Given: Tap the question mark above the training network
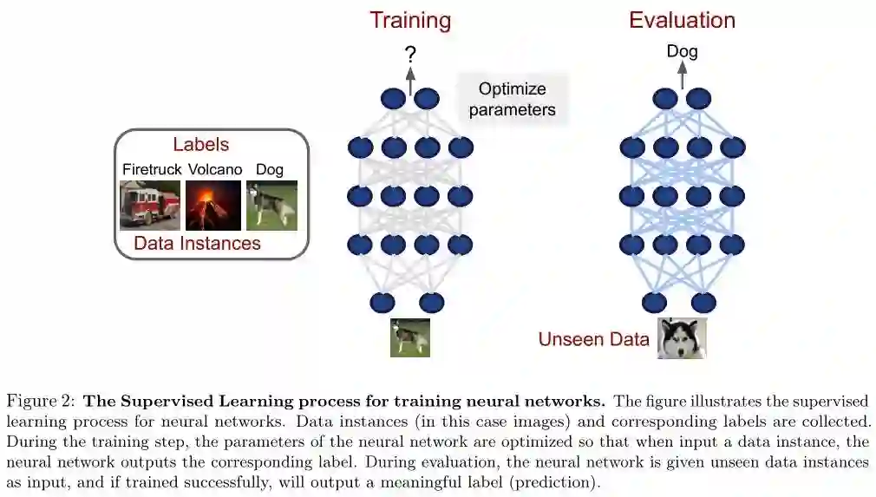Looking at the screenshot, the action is coord(410,54).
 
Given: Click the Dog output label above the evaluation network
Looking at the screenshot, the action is coord(682,52).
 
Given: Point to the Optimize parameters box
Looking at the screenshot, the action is coord(513,99).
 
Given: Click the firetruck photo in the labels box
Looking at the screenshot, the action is coord(150,205).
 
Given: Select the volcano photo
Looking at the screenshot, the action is coord(213,205).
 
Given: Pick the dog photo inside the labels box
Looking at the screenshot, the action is coord(272,205).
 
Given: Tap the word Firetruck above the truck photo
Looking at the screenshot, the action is coord(152,169).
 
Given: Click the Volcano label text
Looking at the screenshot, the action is coord(214,169).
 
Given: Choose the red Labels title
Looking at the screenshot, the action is coord(200,144).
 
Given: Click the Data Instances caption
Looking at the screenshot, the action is coord(197,243).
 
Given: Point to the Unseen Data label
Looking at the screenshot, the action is coord(593,339).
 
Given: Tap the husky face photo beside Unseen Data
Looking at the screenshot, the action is coord(682,338).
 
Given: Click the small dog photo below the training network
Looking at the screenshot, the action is coord(409,337).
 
